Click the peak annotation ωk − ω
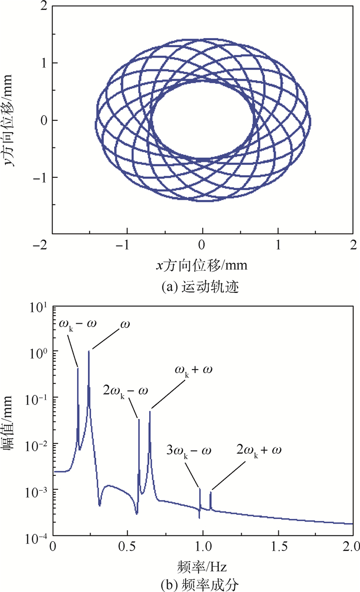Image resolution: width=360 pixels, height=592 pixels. tap(82, 324)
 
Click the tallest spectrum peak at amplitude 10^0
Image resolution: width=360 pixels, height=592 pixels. tap(89, 351)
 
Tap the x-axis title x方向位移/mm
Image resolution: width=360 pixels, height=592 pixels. tap(202, 265)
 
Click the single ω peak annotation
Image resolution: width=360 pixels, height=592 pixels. tap(124, 324)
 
